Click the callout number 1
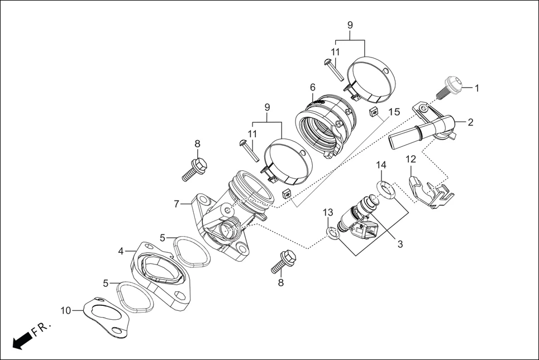[x=477, y=88]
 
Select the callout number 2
[x=470, y=122]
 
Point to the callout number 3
[x=400, y=244]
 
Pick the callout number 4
[x=121, y=251]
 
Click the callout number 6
[x=313, y=88]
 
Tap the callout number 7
[x=177, y=204]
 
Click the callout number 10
[x=66, y=310]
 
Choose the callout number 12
[x=411, y=160]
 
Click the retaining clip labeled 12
[x=430, y=193]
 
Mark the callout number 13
[x=328, y=212]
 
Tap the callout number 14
[x=381, y=165]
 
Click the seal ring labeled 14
[x=386, y=190]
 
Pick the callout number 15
[x=394, y=112]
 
